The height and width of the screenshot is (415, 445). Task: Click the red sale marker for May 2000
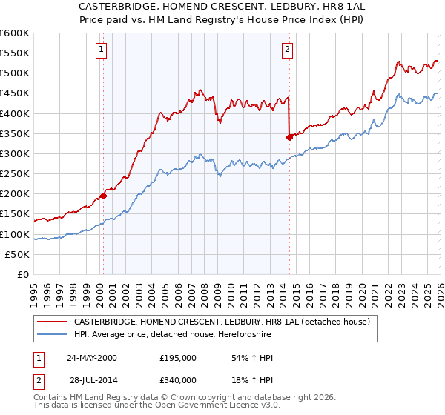103,196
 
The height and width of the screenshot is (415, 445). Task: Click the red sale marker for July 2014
289,137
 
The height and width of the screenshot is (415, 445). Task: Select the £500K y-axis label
14,73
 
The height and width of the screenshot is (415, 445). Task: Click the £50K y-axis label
17,254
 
